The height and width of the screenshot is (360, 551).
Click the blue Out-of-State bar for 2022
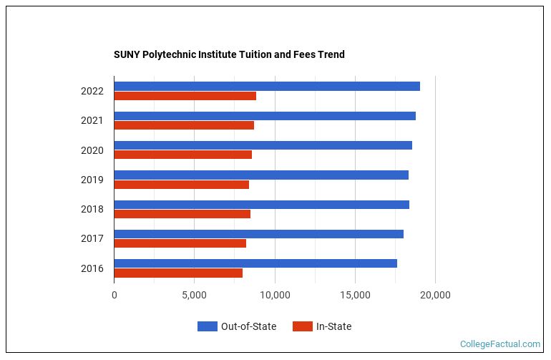267,86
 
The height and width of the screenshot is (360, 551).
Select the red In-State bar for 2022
185,96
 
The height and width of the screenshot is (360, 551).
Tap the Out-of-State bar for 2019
261,175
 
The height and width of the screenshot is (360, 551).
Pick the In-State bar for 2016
178,273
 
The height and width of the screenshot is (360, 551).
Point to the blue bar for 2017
258,234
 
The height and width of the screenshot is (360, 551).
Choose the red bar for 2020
182,155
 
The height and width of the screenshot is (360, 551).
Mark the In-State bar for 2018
182,213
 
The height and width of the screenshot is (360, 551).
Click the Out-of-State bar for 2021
265,116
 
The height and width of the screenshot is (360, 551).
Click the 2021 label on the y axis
92,120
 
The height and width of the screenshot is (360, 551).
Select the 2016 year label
92,268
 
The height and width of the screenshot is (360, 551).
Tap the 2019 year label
92,180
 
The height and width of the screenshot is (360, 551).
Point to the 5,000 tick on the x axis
194,294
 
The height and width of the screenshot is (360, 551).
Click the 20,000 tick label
435,294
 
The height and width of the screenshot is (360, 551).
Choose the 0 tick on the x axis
114,294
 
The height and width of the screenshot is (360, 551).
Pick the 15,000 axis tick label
355,294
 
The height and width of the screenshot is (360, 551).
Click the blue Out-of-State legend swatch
207,326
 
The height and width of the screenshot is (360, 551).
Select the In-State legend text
333,326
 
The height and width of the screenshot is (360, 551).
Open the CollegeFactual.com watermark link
499,344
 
